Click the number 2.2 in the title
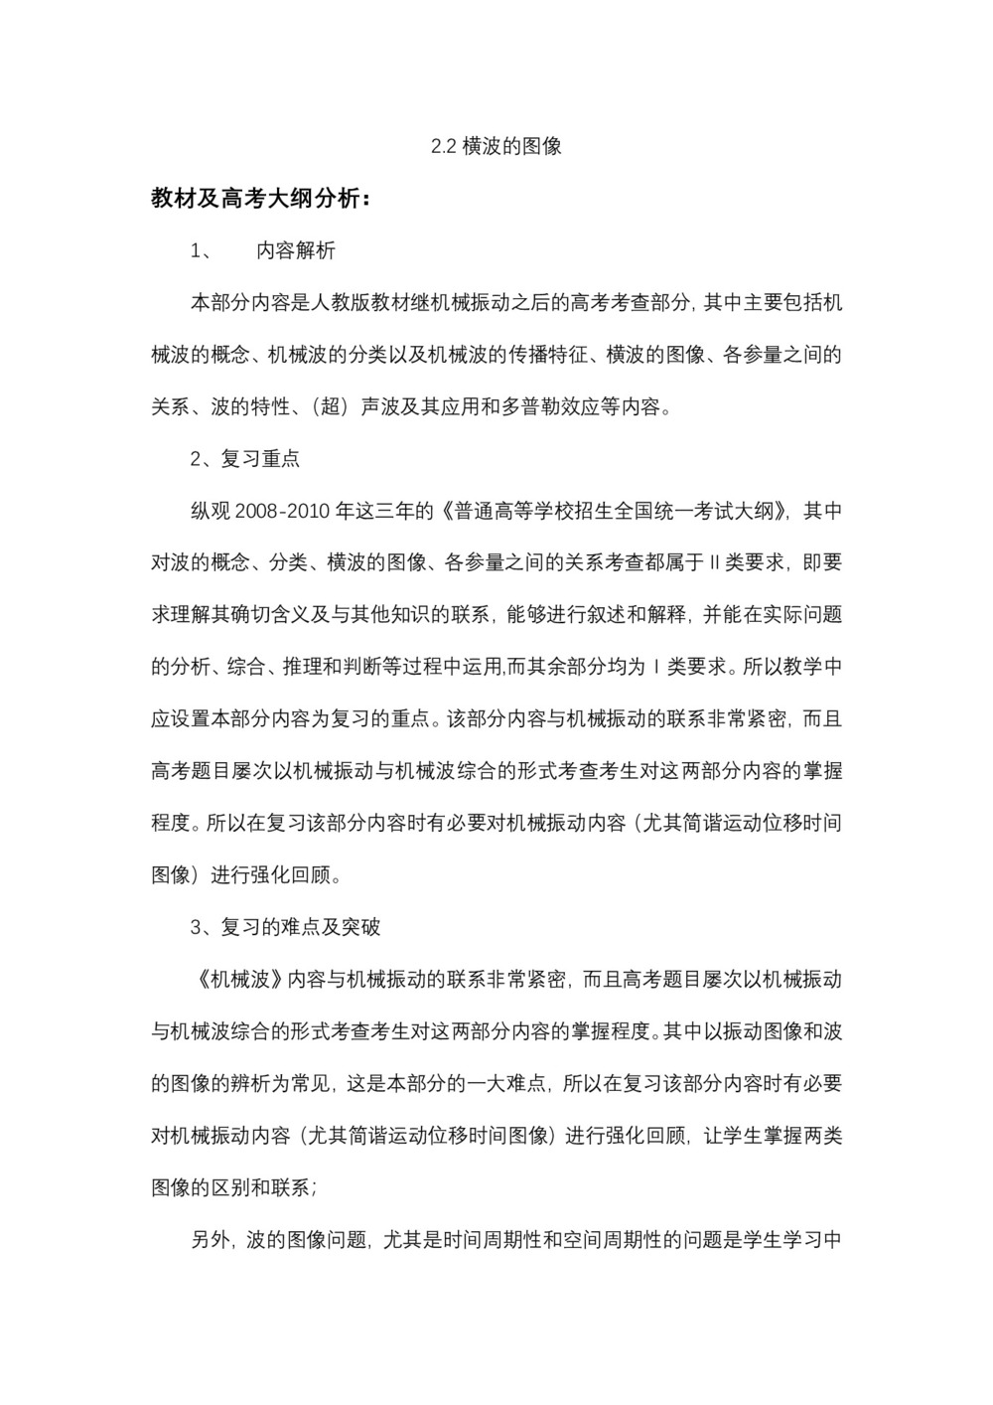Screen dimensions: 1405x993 [x=443, y=146]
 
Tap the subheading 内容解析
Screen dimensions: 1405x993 [x=296, y=250]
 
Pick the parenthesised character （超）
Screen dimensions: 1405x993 [x=327, y=406]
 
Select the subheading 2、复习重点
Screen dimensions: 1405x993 [x=245, y=458]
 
